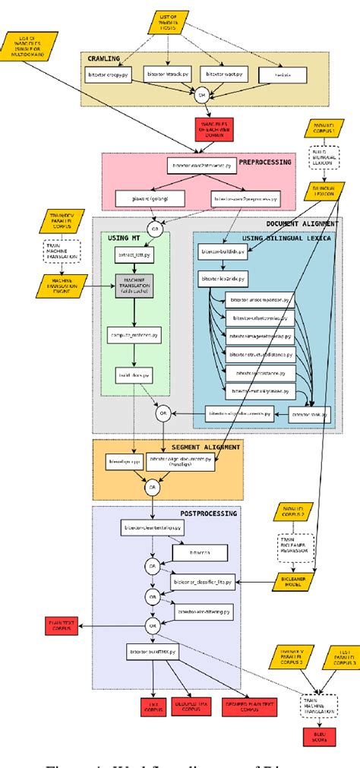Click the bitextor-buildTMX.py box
pos(151,652)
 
